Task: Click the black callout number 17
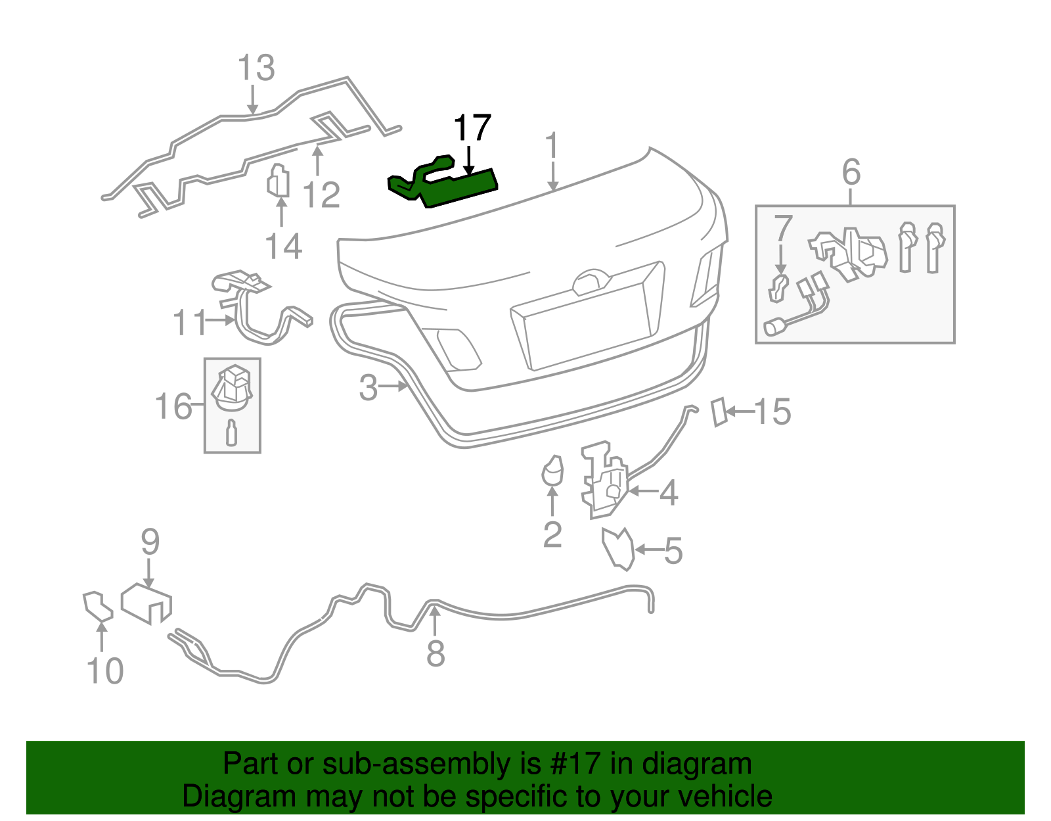472,128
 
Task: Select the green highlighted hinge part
453,185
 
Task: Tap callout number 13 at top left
256,68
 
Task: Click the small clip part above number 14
279,181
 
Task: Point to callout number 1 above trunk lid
552,146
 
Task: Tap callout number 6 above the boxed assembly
851,172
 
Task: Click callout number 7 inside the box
782,228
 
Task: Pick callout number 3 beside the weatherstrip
369,387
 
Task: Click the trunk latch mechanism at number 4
604,480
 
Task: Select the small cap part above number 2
552,470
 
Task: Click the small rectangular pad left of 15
719,412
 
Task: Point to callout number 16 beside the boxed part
173,406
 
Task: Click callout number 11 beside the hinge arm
189,323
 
